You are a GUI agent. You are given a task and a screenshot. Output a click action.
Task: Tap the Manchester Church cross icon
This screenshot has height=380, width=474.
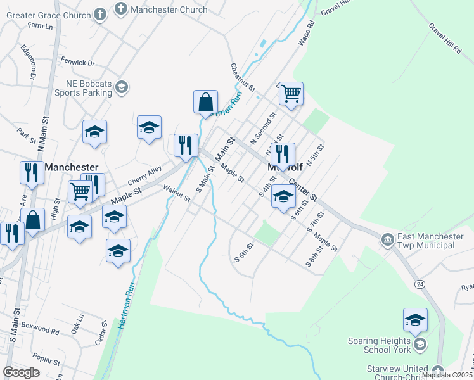(120, 9)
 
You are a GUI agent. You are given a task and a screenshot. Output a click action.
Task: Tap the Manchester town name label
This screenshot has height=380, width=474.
(72, 167)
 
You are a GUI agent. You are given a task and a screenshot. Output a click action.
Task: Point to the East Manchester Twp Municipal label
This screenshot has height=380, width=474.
(430, 240)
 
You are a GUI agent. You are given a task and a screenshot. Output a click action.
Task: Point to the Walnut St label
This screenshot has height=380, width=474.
(176, 193)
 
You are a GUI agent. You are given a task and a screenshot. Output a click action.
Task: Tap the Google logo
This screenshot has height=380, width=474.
(22, 372)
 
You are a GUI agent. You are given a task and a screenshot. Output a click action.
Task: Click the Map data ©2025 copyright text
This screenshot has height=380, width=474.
(447, 375)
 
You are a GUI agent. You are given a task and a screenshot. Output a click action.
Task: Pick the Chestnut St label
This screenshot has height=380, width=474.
(243, 77)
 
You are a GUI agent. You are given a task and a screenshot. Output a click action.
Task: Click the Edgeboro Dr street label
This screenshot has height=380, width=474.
(28, 61)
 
